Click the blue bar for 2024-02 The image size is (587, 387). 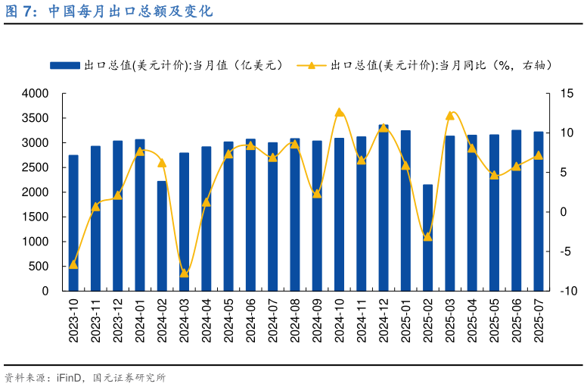(x=162, y=236)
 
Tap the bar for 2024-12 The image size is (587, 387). (x=384, y=208)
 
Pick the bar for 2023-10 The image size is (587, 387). (x=73, y=223)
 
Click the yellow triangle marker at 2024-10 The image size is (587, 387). (x=339, y=112)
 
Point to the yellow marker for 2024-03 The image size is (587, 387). (x=184, y=273)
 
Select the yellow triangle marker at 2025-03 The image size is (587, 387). (x=449, y=116)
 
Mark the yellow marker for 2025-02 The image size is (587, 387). (x=427, y=237)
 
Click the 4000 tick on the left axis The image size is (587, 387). (x=35, y=93)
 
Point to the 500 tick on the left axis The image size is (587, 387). (x=39, y=267)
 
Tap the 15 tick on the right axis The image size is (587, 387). (x=567, y=93)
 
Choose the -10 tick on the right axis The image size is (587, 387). (x=568, y=291)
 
